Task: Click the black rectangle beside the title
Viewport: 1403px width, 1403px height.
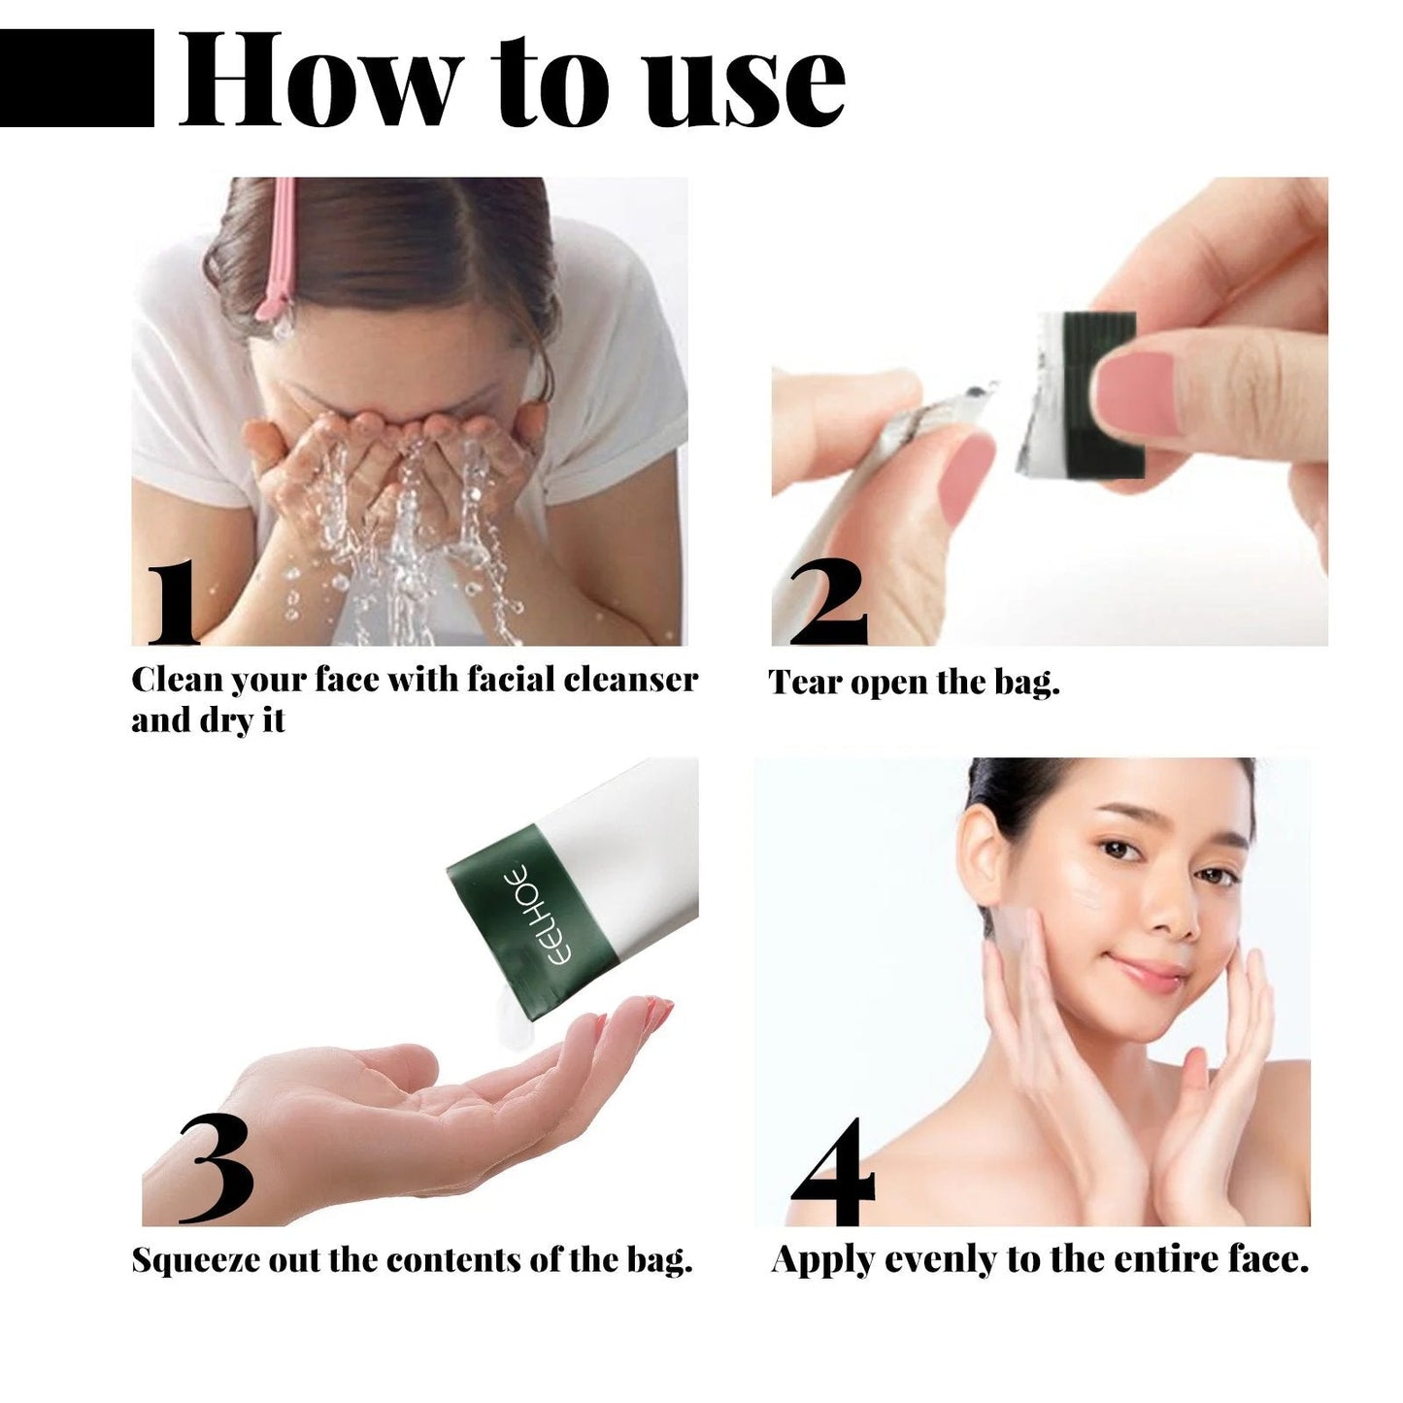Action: click(x=77, y=78)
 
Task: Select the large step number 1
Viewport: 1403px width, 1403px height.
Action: click(x=172, y=603)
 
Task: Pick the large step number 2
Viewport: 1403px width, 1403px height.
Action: click(x=826, y=603)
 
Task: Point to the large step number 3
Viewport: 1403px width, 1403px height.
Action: click(x=216, y=1170)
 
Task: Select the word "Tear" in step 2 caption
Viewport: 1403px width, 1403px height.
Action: click(x=806, y=683)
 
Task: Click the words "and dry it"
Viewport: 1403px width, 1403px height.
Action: click(x=208, y=721)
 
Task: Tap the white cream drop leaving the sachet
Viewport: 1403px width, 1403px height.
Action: click(x=507, y=1024)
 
